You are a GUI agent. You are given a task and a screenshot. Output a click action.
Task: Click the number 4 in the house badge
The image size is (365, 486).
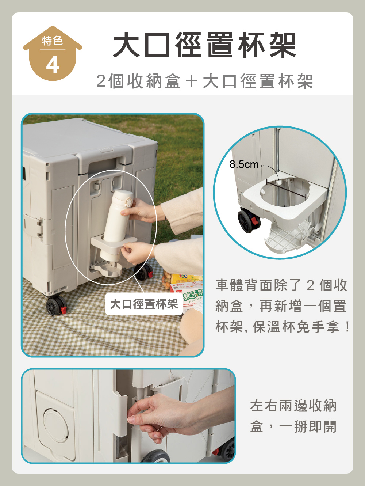tap(53, 64)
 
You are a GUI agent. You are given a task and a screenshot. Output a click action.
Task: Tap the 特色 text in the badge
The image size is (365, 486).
tap(53, 41)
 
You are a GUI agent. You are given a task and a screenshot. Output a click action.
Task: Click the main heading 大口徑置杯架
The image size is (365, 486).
tap(204, 45)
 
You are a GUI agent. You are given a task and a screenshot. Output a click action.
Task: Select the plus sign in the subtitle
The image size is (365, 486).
tap(192, 81)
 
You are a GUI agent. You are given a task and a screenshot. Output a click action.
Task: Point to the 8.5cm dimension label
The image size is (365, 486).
tap(244, 164)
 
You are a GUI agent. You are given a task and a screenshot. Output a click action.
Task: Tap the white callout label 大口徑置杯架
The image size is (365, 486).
tap(144, 304)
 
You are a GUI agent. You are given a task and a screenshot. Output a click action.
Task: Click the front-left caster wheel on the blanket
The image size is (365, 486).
tap(56, 305)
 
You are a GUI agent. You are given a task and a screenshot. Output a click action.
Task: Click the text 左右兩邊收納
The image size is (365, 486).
tap(293, 406)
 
